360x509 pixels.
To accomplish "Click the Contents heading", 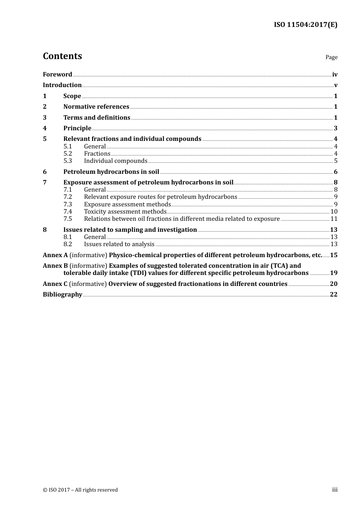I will point(62,56).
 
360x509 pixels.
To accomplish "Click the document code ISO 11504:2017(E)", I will point(305,25).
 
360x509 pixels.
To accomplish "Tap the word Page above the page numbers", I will point(331,57).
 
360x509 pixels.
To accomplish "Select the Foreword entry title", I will point(57,75).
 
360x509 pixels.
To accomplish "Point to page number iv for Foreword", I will point(335,75).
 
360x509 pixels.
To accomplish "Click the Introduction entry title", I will point(62,85).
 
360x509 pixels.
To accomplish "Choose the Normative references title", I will point(96,107).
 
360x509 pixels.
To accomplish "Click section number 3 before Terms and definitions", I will point(45,118).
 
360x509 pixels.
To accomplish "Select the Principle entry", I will point(77,128).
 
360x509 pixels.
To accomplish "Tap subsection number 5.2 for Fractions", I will point(67,154).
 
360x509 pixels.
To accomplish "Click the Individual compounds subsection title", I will point(116,161).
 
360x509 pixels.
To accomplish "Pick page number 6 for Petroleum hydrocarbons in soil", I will point(335,172).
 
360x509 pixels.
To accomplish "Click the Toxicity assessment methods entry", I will point(125,212).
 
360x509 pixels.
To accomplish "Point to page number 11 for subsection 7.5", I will point(334,219).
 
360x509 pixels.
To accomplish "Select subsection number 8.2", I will point(67,244).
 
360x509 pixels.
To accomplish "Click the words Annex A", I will point(55,255).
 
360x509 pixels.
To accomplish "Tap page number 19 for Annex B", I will point(333,273).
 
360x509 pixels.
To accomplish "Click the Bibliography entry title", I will point(63,295).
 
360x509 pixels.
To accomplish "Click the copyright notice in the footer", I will point(80,490).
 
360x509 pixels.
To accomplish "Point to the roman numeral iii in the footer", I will point(335,490).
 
